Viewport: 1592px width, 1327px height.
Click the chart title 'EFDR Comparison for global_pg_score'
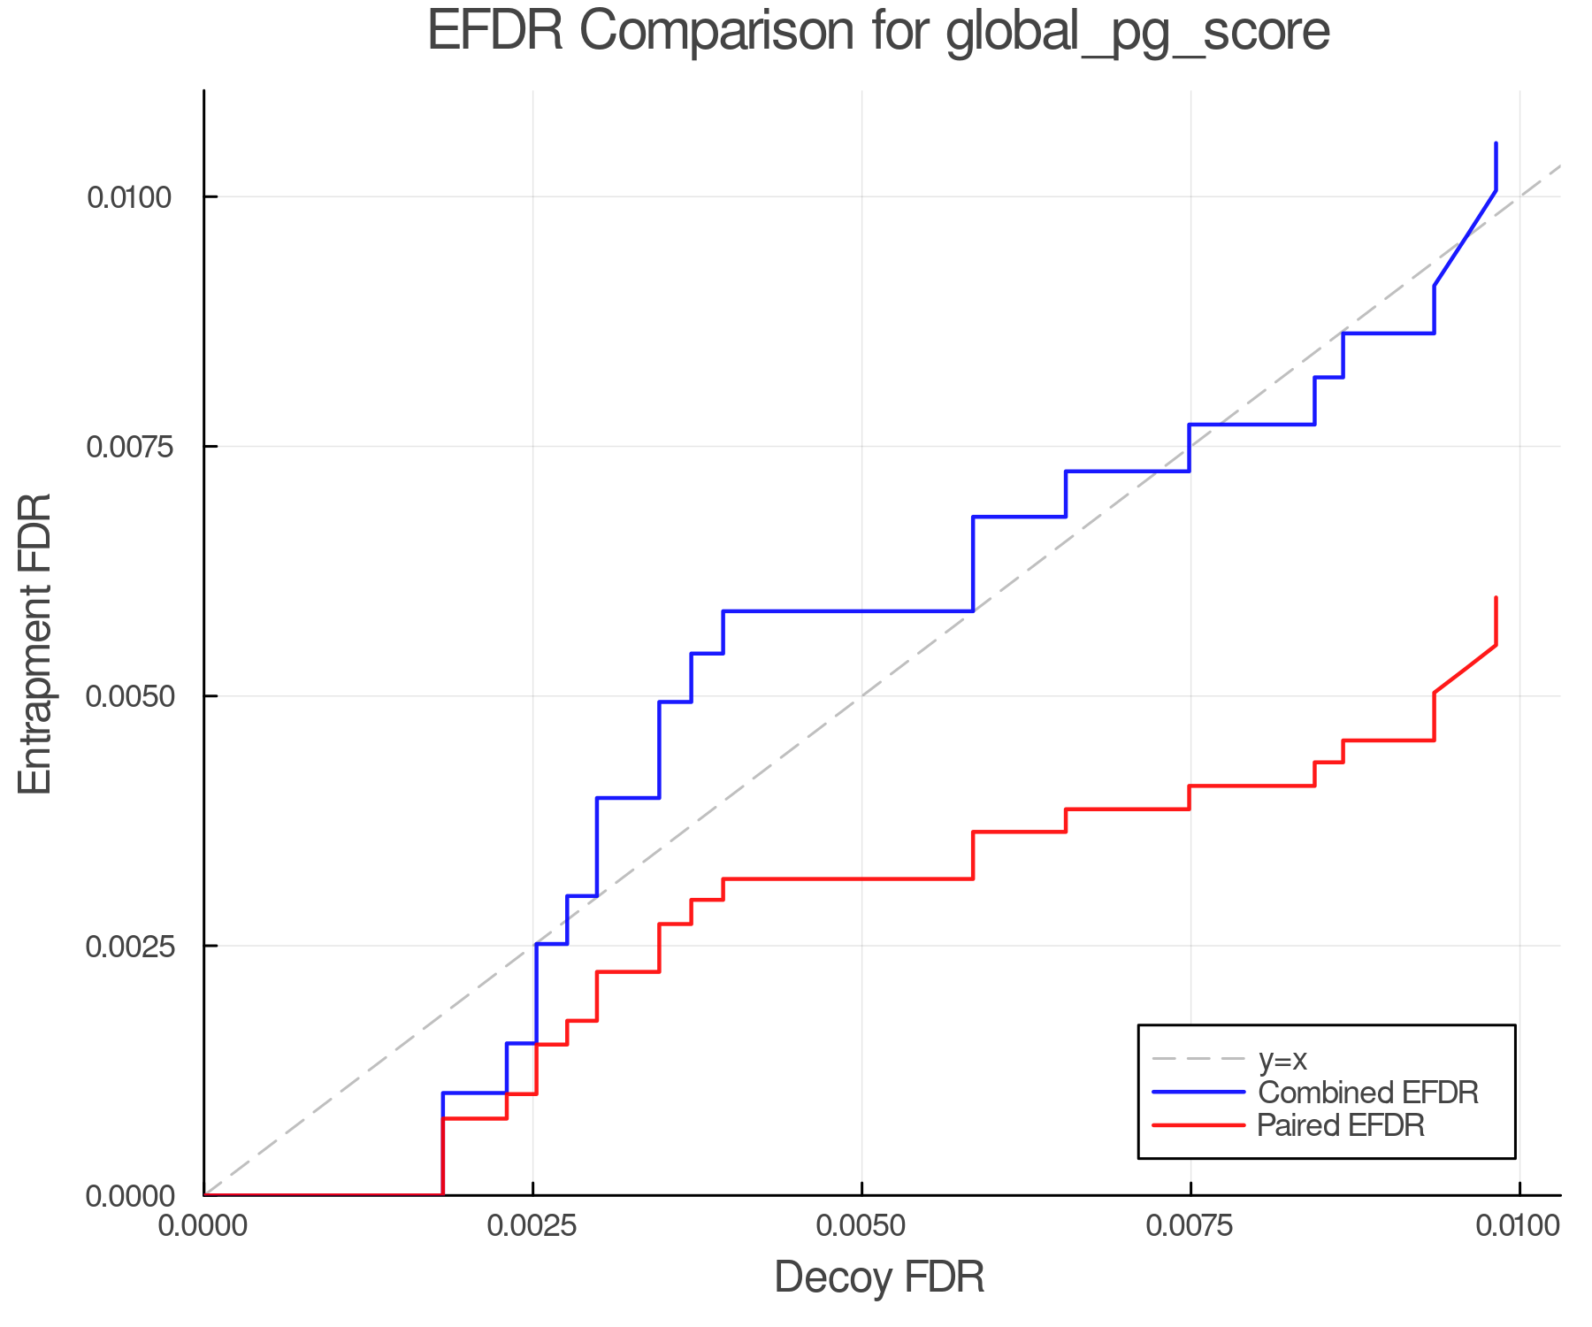pyautogui.click(x=878, y=32)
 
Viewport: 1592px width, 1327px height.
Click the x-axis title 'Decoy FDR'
pyautogui.click(x=879, y=1277)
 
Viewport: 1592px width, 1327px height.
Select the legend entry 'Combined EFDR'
pyautogui.click(x=1367, y=1093)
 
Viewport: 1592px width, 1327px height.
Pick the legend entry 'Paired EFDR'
pyautogui.click(x=1341, y=1125)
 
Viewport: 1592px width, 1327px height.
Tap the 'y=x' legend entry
pyautogui.click(x=1282, y=1060)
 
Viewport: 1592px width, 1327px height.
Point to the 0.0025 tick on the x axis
pyautogui.click(x=532, y=1225)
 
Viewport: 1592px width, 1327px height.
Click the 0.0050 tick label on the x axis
pyautogui.click(x=861, y=1225)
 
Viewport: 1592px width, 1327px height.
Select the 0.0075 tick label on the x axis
pyautogui.click(x=1190, y=1225)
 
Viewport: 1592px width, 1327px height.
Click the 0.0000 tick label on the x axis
pyautogui.click(x=204, y=1225)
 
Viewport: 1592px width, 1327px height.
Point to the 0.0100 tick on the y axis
pyautogui.click(x=128, y=196)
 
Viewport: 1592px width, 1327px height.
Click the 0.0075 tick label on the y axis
pyautogui.click(x=128, y=447)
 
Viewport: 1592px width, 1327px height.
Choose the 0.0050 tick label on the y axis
pyautogui.click(x=128, y=696)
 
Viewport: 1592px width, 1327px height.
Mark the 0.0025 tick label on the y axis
pyautogui.click(x=128, y=946)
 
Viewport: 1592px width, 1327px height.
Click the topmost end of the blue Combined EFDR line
pyautogui.click(x=1496, y=143)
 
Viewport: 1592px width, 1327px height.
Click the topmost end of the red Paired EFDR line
pyautogui.click(x=1496, y=598)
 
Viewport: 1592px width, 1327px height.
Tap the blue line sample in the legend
pyautogui.click(x=1198, y=1093)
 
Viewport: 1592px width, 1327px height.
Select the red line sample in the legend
pyautogui.click(x=1198, y=1125)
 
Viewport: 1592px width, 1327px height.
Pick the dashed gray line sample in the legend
pyautogui.click(x=1198, y=1060)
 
